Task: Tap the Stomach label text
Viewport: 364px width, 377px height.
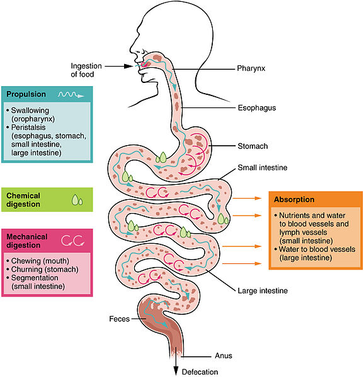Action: click(253, 146)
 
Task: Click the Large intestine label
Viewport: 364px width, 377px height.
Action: click(263, 291)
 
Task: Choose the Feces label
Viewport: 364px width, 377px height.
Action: click(118, 319)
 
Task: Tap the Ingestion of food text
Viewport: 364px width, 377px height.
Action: click(86, 68)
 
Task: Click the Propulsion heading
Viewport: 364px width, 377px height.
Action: click(26, 94)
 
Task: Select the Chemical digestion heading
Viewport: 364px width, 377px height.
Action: click(32, 200)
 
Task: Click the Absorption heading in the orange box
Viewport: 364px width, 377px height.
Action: click(294, 200)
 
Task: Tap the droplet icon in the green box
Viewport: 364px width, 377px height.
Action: click(77, 200)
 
